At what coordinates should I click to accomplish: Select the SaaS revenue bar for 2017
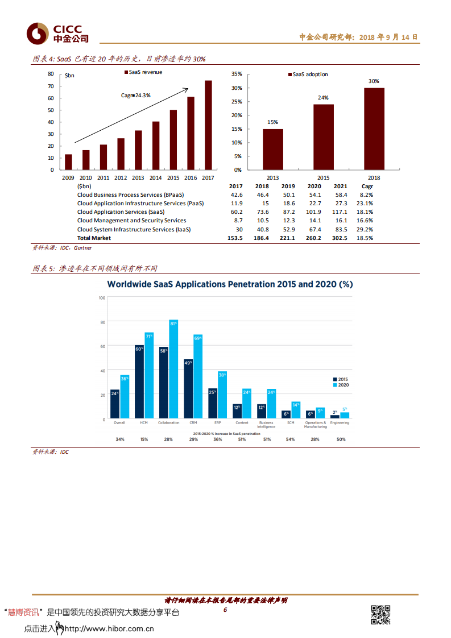208,125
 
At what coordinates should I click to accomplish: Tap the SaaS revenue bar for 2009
68,162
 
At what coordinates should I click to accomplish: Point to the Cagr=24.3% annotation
136,96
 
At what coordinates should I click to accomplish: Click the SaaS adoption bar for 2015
323,137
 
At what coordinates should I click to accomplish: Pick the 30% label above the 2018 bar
374,81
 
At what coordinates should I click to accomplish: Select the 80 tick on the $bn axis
51,74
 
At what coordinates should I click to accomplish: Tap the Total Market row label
94,238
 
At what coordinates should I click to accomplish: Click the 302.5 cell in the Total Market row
340,238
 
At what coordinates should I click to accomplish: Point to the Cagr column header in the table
367,186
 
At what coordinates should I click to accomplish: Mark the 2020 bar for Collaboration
173,370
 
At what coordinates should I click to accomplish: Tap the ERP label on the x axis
217,422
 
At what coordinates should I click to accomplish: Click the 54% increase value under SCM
291,440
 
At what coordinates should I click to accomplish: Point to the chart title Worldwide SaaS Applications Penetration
230,284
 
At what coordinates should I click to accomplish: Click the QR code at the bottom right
380,615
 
